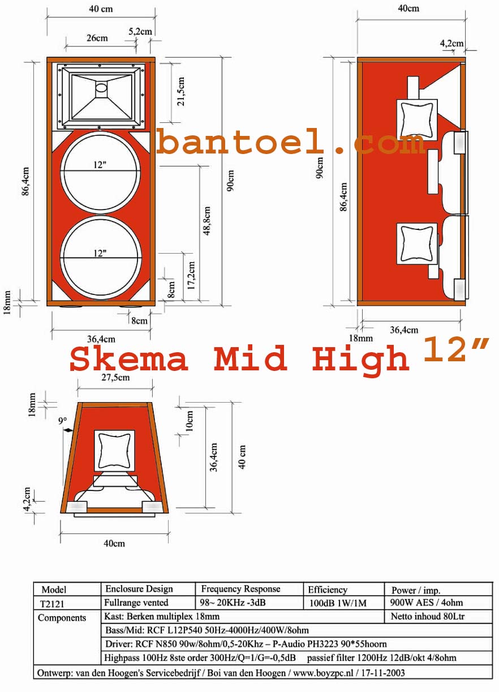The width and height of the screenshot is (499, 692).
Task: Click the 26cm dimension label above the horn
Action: coord(97,39)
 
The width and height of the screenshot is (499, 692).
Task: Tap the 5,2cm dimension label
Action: coord(140,32)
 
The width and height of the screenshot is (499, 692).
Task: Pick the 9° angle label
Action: coord(63,421)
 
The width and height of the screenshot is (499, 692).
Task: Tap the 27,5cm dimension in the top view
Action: coord(115,377)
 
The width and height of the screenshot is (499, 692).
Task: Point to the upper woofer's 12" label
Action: coord(100,165)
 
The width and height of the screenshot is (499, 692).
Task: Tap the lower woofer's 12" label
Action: coord(100,253)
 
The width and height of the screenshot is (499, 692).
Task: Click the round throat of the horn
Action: coord(101,88)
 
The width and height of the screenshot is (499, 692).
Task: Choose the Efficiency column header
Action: coord(328,590)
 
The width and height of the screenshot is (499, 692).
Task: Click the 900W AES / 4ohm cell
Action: coord(427,603)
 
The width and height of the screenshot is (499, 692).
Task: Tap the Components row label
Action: coord(62,618)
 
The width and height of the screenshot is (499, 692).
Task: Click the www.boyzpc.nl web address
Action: coord(321,673)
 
